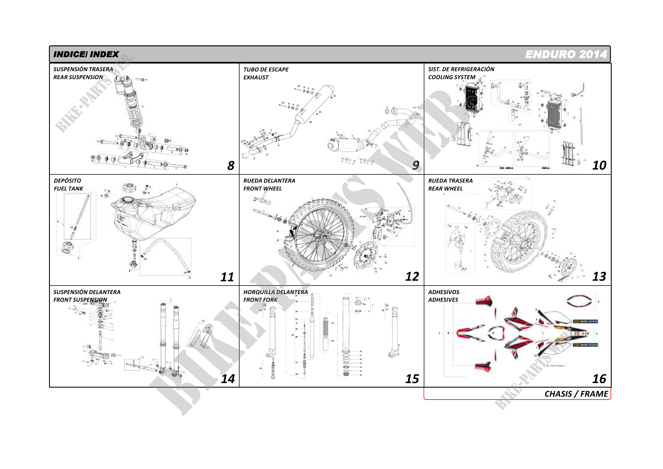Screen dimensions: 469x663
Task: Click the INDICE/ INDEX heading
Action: pos(86,54)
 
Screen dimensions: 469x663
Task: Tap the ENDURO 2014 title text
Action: pos(566,54)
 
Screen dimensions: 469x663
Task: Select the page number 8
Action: pos(231,166)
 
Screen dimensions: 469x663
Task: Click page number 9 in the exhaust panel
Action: pos(415,165)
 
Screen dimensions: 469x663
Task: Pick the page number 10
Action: pos(599,165)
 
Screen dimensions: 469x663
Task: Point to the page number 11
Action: pos(227,277)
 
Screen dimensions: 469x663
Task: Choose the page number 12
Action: pos(412,276)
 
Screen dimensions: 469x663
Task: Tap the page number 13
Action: pos(599,276)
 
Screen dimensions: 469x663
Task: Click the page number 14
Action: pos(228,379)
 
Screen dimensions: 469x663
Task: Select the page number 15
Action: pos(412,379)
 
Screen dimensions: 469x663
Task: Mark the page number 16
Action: pos(599,379)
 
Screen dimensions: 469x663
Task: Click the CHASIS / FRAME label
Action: pos(576,394)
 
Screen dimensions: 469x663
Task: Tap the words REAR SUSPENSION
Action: pos(78,77)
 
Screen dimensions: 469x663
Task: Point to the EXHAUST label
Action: pos(256,77)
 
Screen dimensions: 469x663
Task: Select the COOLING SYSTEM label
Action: pos(452,77)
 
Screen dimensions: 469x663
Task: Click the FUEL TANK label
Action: pos(68,189)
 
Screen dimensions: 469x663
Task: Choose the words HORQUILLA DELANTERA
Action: pos(276,292)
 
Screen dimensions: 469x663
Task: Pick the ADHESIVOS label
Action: pos(444,292)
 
